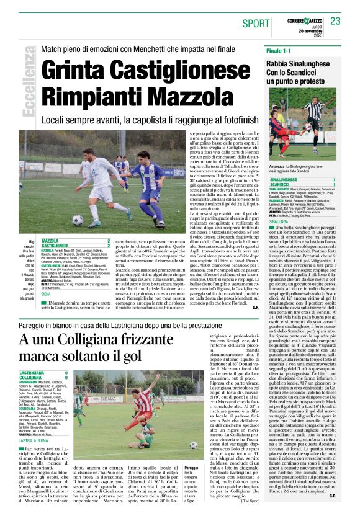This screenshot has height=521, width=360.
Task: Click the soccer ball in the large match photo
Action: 77,220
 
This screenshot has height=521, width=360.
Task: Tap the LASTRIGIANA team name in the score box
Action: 36,373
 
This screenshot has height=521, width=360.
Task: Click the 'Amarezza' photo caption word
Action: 279,167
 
